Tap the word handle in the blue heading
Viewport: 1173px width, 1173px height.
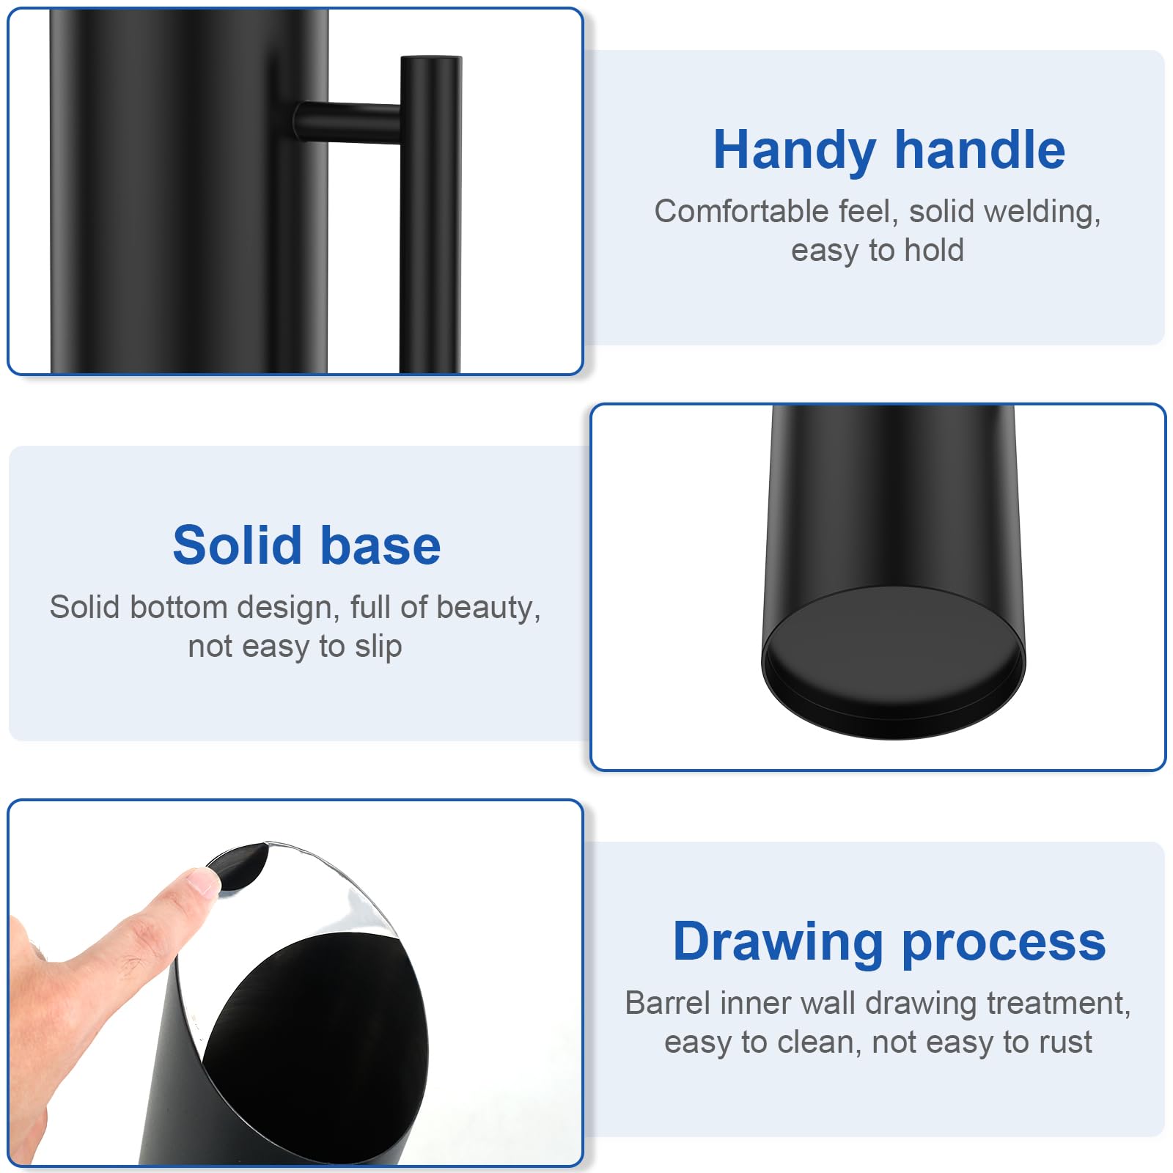click(980, 149)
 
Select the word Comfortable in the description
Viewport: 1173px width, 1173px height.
click(741, 211)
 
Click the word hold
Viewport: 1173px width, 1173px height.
click(934, 250)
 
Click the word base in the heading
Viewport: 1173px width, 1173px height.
click(380, 546)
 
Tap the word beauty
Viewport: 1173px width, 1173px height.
click(488, 608)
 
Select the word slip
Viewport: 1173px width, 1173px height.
click(378, 647)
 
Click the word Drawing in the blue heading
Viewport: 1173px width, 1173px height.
click(778, 943)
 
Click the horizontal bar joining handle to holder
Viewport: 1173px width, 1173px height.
click(348, 122)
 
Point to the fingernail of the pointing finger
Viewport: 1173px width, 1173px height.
click(203, 880)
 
